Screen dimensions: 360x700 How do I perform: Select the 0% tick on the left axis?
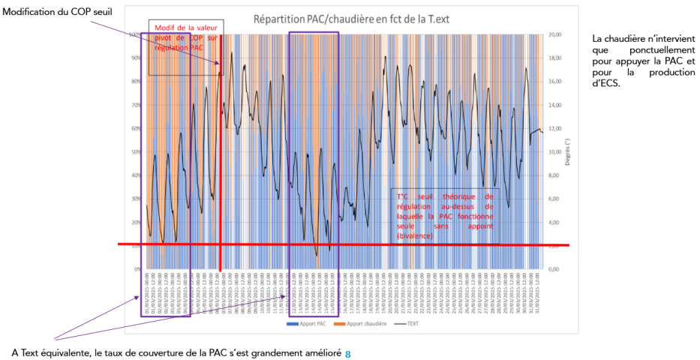point(137,268)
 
